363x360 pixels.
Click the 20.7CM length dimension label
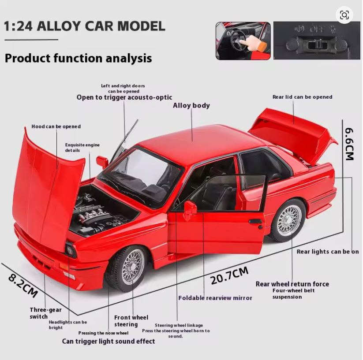229,275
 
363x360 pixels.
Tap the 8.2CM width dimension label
23,286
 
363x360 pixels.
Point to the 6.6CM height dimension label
349,144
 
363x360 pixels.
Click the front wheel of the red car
128,268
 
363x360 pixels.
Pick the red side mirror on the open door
190,209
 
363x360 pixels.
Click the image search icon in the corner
344,15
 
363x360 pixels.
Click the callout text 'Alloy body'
191,105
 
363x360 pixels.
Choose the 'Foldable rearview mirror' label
215,298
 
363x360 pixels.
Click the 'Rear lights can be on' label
328,252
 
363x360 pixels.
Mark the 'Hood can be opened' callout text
56,126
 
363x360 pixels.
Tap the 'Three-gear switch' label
45,313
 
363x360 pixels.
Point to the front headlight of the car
71,250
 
